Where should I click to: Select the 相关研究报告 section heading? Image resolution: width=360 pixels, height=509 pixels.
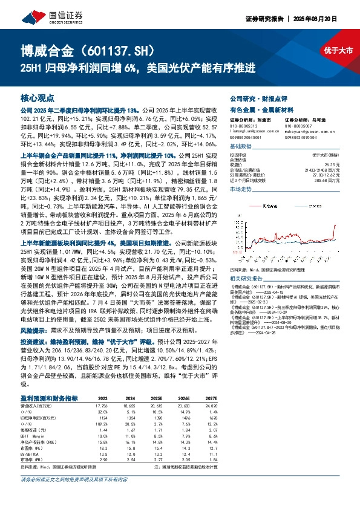click(x=247, y=277)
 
